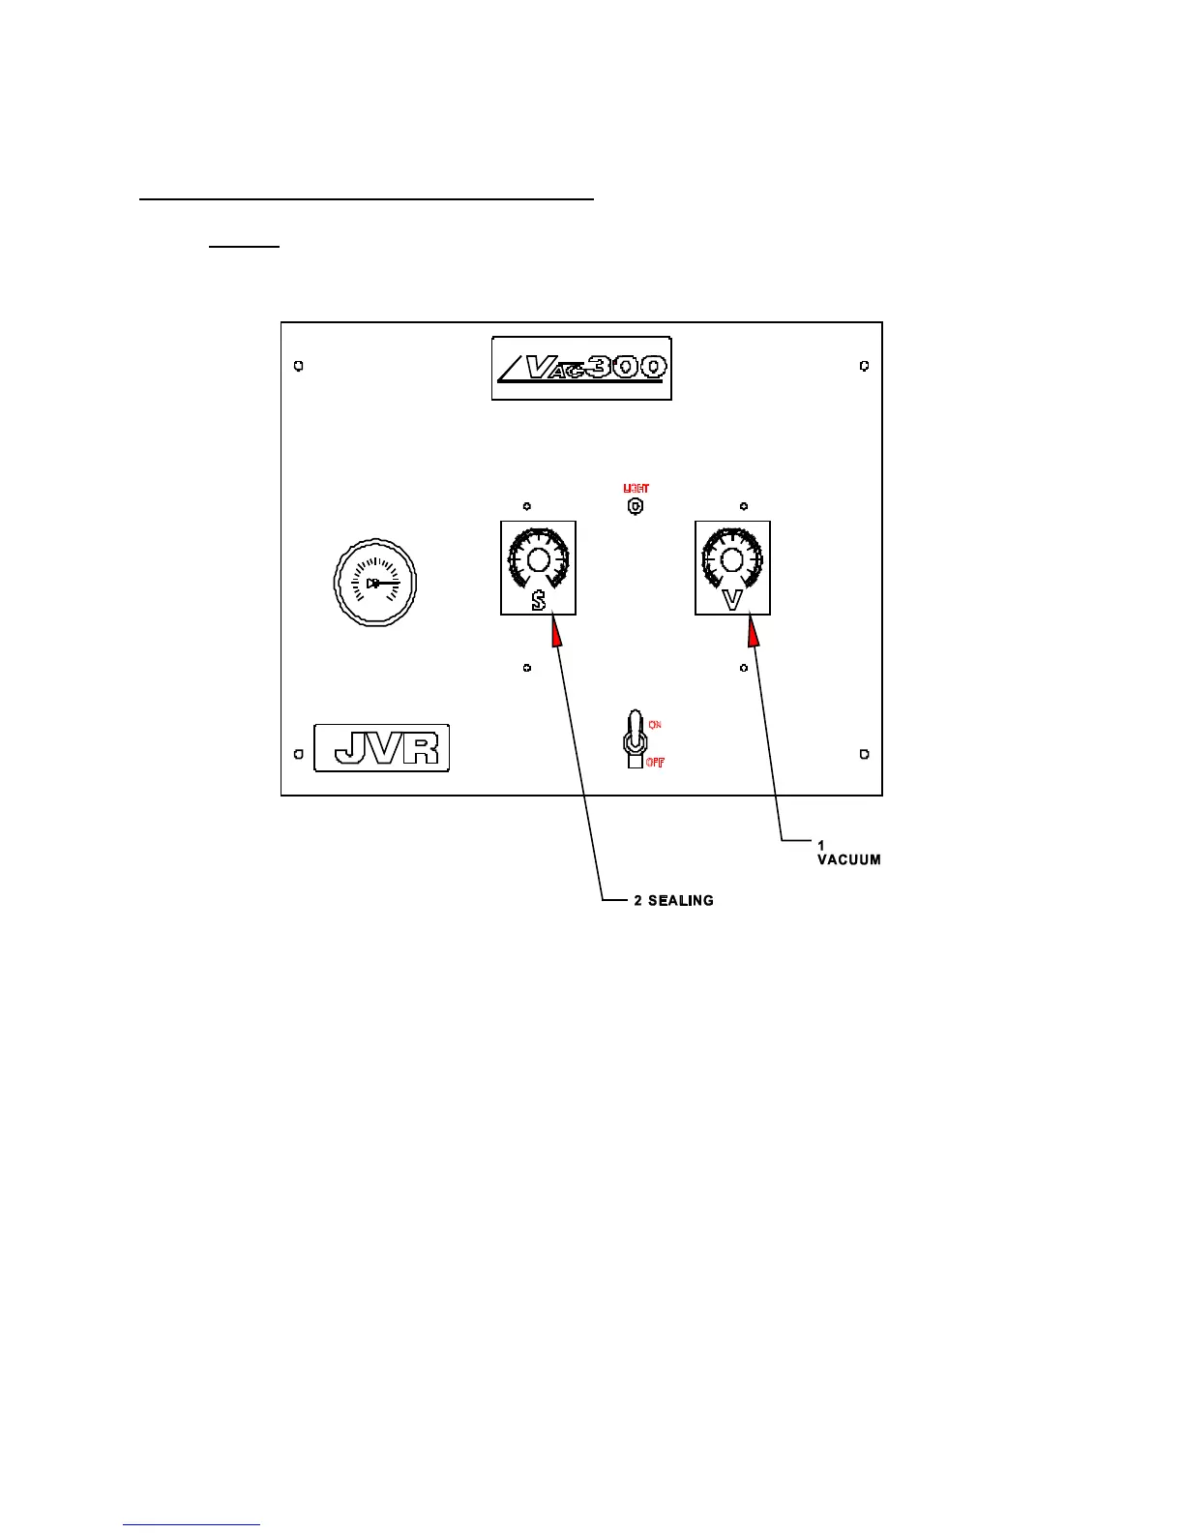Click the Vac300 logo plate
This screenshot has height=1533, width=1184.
click(581, 369)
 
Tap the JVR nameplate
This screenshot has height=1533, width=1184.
click(382, 748)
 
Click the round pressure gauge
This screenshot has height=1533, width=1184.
click(375, 583)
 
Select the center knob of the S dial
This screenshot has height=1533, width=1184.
click(539, 558)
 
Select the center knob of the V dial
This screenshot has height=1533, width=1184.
click(732, 558)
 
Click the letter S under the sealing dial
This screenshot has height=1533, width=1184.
click(539, 600)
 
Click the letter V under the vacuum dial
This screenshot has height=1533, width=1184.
click(732, 600)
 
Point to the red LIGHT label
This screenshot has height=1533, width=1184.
click(636, 489)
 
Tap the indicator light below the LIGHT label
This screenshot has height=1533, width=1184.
click(636, 506)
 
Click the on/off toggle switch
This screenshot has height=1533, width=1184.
click(634, 741)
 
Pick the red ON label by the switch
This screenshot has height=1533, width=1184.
click(655, 725)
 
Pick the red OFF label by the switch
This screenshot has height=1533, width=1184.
click(655, 763)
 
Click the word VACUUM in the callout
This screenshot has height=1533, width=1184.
click(849, 859)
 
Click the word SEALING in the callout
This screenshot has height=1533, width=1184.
click(681, 901)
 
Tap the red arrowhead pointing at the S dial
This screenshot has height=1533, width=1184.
click(555, 634)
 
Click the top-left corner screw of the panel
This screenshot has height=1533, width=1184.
click(299, 367)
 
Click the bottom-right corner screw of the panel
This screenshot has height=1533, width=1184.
click(865, 754)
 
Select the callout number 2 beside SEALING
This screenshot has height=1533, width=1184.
click(638, 901)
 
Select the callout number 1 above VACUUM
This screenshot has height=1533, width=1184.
click(821, 846)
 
